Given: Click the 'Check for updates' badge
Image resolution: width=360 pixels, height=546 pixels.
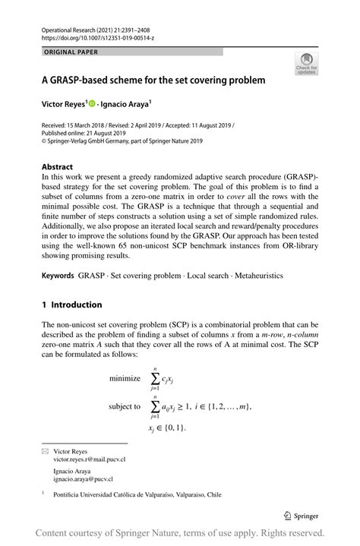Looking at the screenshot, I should pos(308,63).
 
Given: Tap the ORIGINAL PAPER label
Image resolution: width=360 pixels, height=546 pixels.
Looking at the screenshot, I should pos(73,52).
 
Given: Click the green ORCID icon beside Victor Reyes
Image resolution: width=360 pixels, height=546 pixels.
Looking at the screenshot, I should pos(93,104).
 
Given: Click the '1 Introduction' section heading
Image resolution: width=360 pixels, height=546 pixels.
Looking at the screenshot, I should pos(72,305).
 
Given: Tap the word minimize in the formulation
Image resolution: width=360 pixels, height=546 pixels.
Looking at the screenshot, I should pos(125,378).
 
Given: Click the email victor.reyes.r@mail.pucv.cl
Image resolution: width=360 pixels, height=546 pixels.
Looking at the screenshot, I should pos(90,460).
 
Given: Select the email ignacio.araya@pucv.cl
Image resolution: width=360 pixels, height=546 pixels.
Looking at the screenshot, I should pos(83,480).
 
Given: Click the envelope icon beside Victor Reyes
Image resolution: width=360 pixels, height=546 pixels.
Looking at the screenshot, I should pos(45,451).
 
